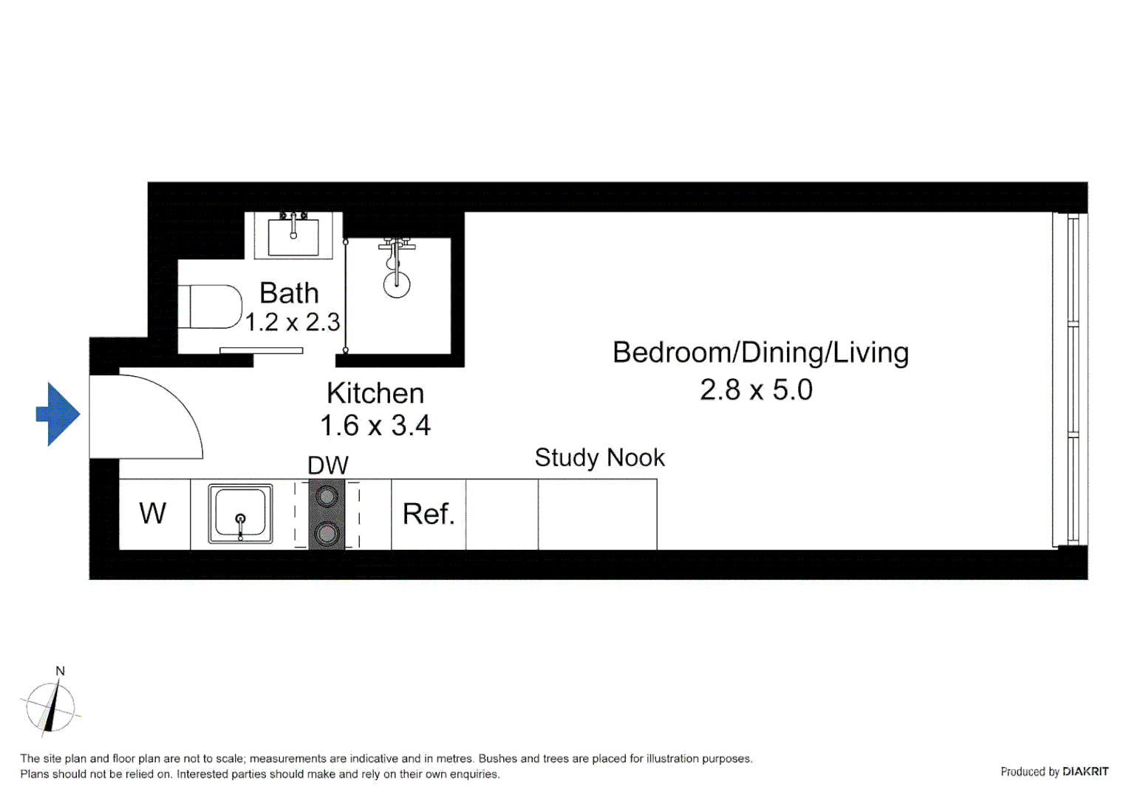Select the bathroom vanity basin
point(293,236)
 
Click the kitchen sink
point(240,514)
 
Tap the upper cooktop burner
point(327,497)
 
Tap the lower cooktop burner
point(327,533)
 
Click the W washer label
point(153,514)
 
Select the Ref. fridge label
point(429,514)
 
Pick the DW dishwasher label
point(328,465)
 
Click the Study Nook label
point(599,458)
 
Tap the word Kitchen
point(375,394)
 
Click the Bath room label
point(289,293)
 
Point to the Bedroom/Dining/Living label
point(760,353)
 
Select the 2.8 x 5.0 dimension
point(756,390)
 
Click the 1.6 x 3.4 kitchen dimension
point(375,426)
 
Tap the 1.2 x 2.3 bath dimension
point(293,323)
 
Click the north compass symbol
point(50,706)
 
